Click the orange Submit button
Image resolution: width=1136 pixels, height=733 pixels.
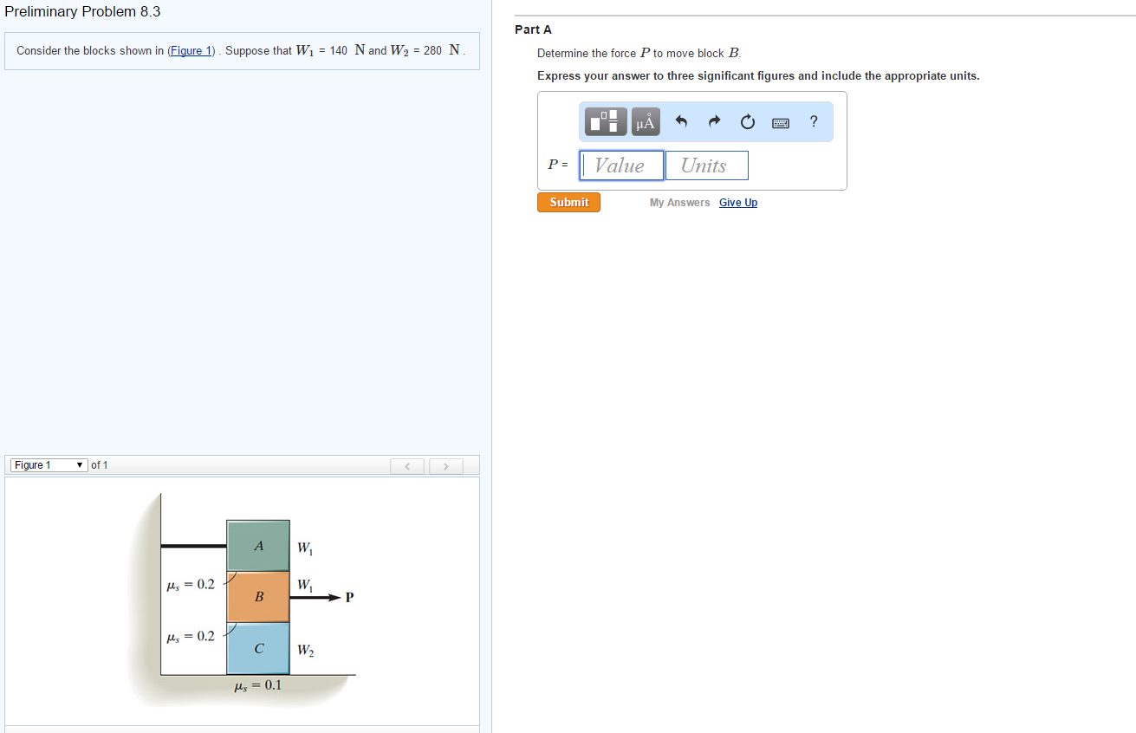[x=568, y=203]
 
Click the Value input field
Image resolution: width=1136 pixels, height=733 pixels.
[x=621, y=165]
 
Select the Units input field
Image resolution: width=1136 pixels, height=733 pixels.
[x=706, y=165]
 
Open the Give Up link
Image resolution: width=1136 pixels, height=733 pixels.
[x=737, y=203]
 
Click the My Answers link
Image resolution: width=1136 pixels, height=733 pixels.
[x=679, y=203]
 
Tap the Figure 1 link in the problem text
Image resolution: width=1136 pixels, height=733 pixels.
[x=191, y=51]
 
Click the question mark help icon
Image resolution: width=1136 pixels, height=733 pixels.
[x=813, y=122]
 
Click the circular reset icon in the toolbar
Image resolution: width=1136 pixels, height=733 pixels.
[x=748, y=123]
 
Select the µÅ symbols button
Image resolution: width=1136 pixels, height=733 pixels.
[x=645, y=122]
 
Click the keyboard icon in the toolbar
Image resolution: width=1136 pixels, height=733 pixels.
[x=781, y=123]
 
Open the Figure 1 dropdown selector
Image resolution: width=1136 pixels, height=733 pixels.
[x=49, y=465]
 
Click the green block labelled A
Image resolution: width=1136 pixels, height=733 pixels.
[x=258, y=546]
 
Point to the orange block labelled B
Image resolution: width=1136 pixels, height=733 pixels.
[x=258, y=597]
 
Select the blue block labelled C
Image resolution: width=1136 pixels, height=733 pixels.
[x=258, y=648]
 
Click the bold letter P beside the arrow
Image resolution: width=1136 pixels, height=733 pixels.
[x=349, y=597]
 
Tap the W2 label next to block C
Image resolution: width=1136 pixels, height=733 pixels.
[x=305, y=650]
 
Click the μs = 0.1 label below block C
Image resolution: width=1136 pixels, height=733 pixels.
[x=257, y=685]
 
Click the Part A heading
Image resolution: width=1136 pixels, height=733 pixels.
[x=533, y=29]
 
